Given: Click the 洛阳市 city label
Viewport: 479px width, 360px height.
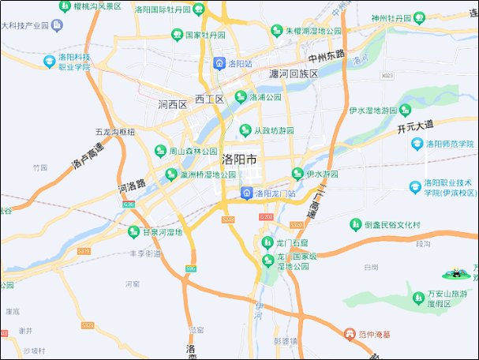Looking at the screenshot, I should click(x=240, y=159).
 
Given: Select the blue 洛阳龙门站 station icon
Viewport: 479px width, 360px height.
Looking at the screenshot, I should click(x=246, y=193).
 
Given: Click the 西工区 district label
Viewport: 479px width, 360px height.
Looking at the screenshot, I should click(x=210, y=99).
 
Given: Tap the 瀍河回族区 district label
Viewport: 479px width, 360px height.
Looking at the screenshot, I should click(x=293, y=73).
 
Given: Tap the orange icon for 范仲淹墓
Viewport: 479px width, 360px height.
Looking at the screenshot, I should click(x=348, y=334).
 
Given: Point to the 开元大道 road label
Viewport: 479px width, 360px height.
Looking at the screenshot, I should click(x=416, y=126).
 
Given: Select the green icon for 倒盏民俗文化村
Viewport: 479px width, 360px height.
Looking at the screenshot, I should click(x=356, y=224).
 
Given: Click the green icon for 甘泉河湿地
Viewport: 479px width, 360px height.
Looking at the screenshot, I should click(x=133, y=232).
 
